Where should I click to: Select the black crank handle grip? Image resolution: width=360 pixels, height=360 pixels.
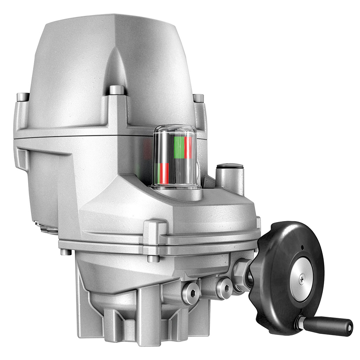click(x=327, y=326)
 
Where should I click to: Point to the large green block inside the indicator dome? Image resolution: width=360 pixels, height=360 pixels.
click(x=179, y=147)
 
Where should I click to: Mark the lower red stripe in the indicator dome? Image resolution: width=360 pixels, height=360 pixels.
click(x=164, y=173)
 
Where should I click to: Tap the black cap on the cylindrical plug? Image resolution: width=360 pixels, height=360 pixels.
click(x=230, y=166)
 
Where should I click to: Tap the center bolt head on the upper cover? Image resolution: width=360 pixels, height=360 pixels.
click(x=116, y=90)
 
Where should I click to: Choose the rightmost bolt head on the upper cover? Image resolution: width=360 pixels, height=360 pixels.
click(x=198, y=98)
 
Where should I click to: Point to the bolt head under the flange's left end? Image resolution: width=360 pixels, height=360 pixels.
click(x=66, y=252)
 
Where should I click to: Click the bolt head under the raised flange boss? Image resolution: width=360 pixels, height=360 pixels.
click(x=153, y=258)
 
